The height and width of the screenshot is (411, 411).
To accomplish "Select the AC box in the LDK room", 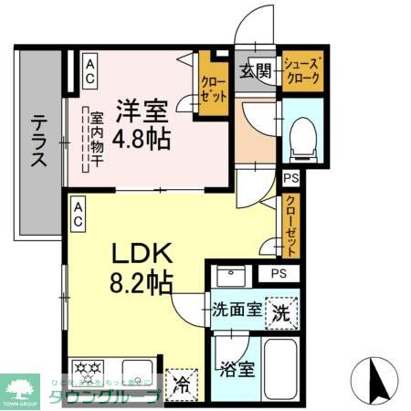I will tap(79, 215).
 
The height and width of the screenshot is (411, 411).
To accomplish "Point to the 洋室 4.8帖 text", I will tap(142, 126).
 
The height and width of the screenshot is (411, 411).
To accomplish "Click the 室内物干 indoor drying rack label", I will tap(94, 141).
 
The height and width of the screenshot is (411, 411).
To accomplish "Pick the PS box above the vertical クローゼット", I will tap(291, 179).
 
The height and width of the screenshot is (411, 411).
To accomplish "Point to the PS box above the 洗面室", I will tap(277, 273).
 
